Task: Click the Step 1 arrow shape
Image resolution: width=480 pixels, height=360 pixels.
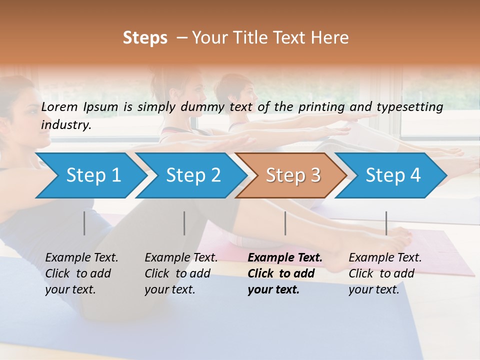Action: click(92, 175)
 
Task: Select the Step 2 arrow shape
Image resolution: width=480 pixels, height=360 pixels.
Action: click(192, 175)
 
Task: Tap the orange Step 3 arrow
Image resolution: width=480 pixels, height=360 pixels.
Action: click(292, 175)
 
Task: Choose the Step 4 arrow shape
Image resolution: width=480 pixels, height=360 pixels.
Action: click(392, 175)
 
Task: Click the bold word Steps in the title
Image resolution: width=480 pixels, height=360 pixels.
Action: click(145, 38)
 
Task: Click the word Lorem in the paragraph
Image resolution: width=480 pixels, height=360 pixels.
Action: click(59, 106)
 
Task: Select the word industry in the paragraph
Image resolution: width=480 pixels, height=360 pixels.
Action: click(66, 125)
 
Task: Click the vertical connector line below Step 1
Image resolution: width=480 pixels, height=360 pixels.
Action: click(84, 223)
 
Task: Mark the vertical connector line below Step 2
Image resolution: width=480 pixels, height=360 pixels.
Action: click(184, 223)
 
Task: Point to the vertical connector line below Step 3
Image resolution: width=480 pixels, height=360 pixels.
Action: click(285, 223)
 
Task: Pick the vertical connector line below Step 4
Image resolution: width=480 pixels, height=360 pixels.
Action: click(386, 223)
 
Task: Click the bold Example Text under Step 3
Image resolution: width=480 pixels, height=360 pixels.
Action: click(285, 257)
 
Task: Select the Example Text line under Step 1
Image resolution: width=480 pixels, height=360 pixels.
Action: click(81, 257)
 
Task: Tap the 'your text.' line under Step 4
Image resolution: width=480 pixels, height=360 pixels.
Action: click(373, 289)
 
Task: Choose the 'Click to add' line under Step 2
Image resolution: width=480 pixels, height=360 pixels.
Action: click(177, 273)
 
